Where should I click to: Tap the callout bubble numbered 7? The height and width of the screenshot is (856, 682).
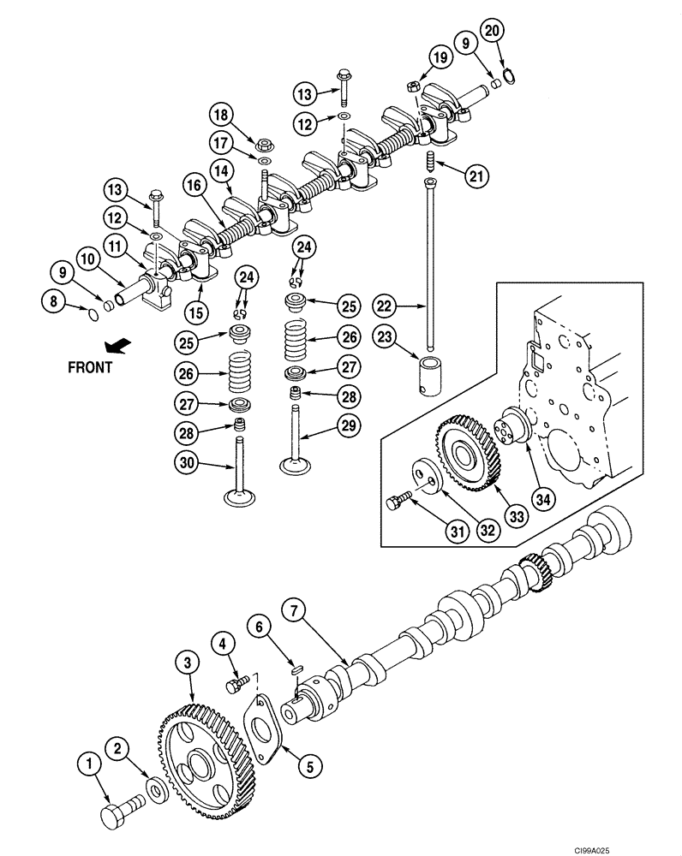click(293, 611)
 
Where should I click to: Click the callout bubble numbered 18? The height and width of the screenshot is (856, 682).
click(221, 116)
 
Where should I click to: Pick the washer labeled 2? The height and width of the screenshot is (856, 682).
click(156, 788)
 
